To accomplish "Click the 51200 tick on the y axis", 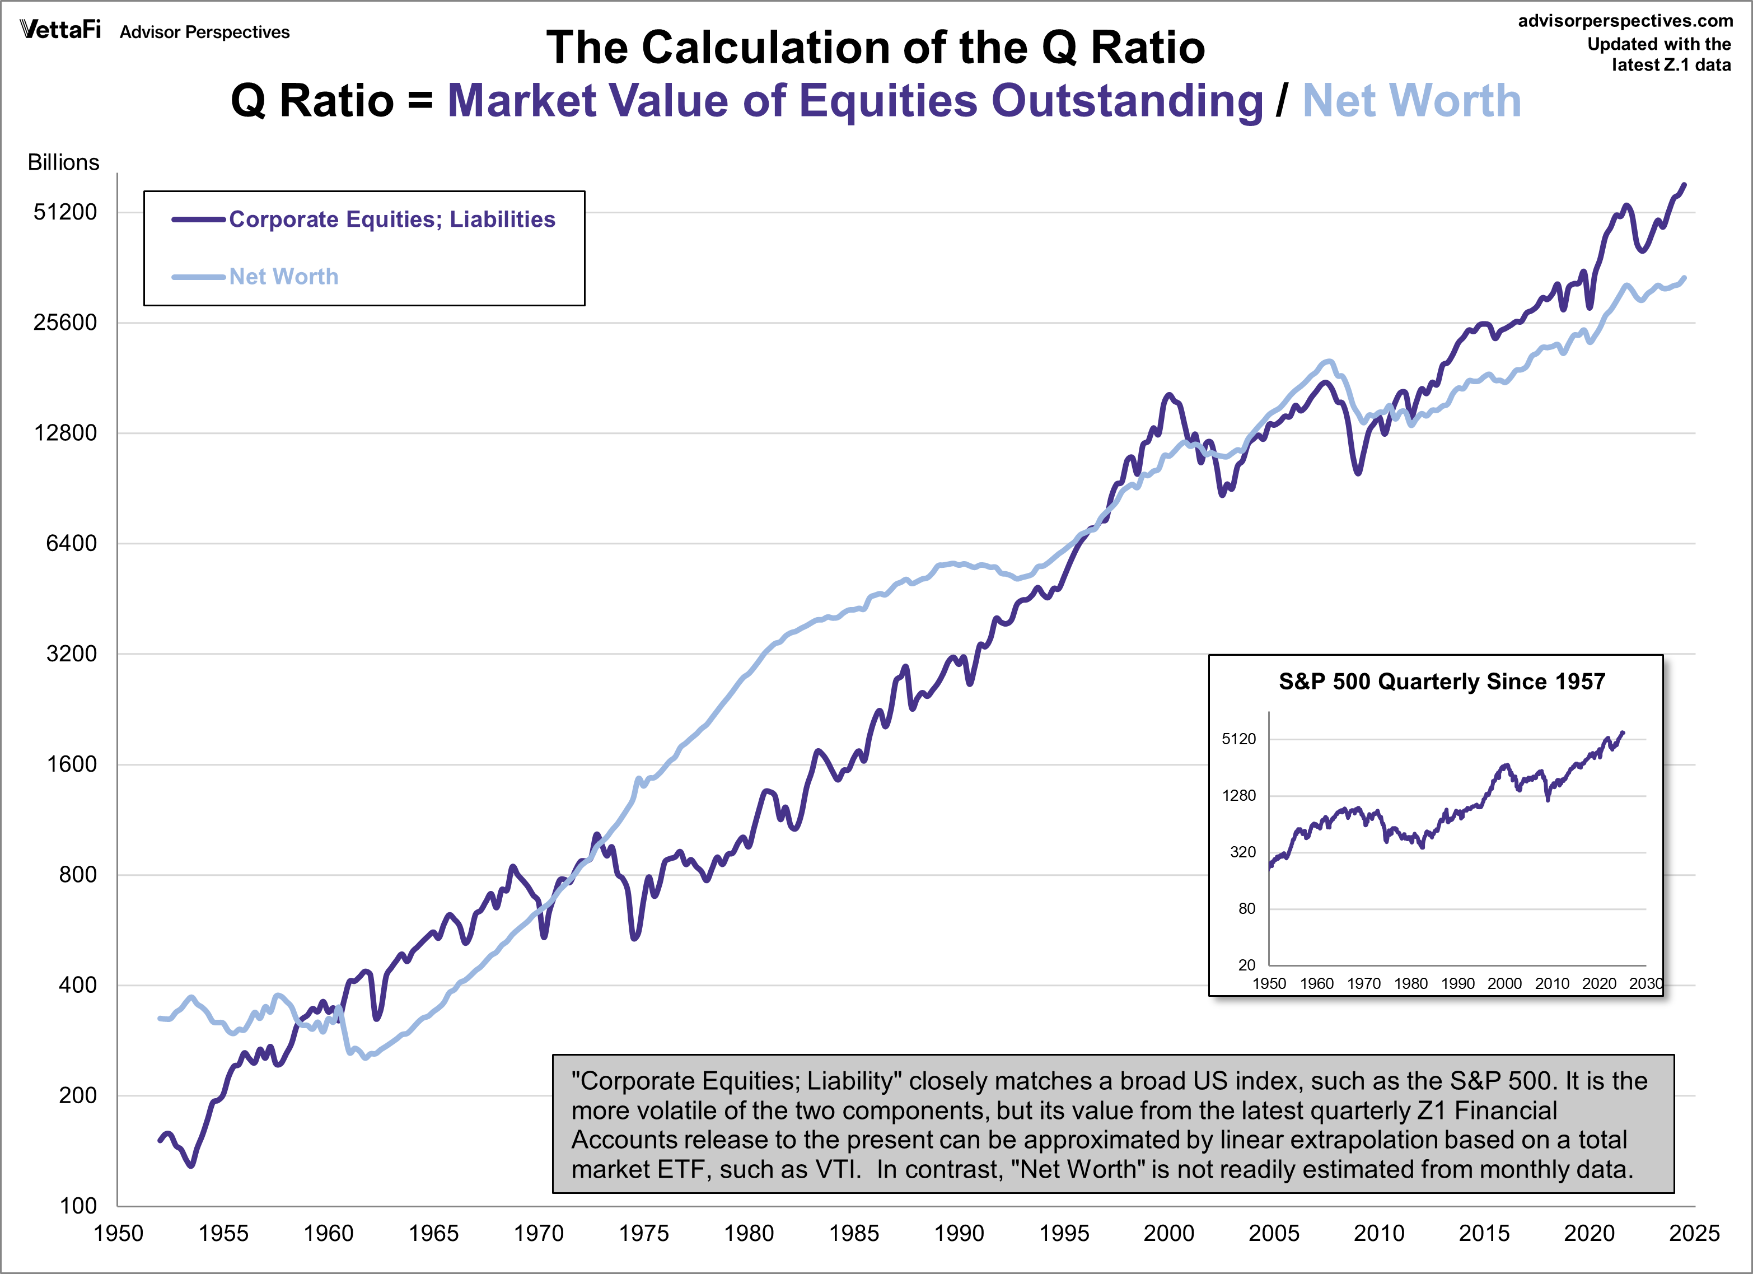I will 65,212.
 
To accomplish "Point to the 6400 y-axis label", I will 71,543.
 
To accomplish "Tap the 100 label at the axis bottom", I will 78,1206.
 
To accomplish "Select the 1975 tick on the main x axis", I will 643,1233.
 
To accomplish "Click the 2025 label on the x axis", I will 1694,1233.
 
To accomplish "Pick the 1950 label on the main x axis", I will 118,1233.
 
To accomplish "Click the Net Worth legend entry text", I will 284,277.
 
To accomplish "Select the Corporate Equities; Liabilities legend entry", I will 392,220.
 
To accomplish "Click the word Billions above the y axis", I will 63,162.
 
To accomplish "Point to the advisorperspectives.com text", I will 1625,21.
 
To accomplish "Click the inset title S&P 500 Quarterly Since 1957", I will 1442,682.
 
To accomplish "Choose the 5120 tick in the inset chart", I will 1238,739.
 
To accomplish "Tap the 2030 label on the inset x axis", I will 1645,983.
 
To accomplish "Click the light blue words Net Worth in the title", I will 1411,101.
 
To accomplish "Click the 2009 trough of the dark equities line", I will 1357,472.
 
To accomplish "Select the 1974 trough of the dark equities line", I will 634,937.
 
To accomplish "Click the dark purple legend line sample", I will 199,220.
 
